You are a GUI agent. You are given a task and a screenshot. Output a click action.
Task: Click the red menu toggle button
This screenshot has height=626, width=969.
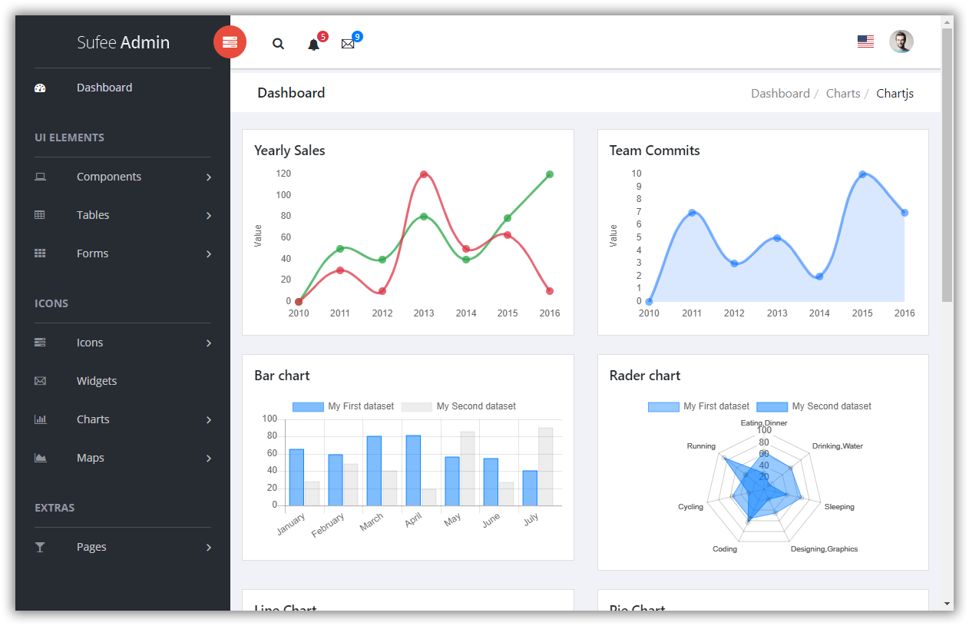click(x=230, y=42)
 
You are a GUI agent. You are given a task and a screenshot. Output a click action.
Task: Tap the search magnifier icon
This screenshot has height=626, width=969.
click(x=278, y=44)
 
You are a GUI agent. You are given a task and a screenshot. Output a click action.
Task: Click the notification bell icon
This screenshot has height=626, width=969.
click(x=313, y=45)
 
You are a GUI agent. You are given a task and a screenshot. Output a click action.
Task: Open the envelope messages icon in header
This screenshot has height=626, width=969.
click(x=348, y=44)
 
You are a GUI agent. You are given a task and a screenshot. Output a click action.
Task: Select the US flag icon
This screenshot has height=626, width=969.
click(x=865, y=41)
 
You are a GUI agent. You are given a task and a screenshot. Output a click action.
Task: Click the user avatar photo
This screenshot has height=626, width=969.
click(x=901, y=41)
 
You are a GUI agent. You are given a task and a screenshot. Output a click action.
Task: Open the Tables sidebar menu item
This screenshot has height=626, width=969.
click(x=93, y=215)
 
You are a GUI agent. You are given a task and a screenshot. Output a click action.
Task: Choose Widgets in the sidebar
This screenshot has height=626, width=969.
click(x=97, y=381)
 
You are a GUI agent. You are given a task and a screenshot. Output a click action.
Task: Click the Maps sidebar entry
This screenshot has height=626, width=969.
click(x=91, y=458)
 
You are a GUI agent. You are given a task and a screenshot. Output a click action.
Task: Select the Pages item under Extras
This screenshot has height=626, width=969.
click(x=91, y=547)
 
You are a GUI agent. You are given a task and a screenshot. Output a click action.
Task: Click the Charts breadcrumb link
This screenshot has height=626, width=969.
click(x=842, y=93)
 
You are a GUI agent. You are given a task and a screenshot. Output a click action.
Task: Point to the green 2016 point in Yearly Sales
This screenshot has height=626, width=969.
click(x=550, y=174)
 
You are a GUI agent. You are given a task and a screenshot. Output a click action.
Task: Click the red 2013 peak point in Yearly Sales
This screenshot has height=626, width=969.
click(x=424, y=174)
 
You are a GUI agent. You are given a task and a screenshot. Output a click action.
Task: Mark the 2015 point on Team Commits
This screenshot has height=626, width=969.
click(x=862, y=174)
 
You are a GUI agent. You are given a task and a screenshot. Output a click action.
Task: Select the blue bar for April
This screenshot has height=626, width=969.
click(x=413, y=470)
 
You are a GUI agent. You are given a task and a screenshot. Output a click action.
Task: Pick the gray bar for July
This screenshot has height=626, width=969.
click(x=545, y=466)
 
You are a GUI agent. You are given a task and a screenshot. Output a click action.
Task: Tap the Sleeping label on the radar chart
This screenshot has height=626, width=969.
click(x=839, y=507)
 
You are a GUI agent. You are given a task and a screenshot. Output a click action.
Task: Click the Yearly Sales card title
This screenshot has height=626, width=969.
click(x=289, y=151)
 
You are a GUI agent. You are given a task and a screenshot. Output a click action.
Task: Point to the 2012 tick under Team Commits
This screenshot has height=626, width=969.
click(x=734, y=313)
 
